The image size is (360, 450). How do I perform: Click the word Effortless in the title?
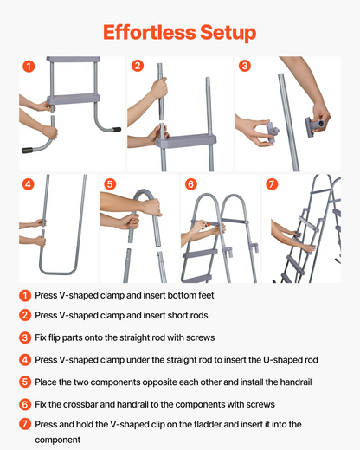(150, 32)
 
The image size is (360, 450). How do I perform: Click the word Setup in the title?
(228, 33)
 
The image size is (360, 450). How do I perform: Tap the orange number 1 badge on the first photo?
(29, 67)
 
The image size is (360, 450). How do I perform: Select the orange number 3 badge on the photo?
(245, 66)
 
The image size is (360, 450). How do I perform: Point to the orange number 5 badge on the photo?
(110, 183)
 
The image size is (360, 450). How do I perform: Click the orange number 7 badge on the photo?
(272, 183)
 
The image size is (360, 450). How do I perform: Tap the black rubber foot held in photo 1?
(28, 150)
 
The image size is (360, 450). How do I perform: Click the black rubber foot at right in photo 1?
(117, 130)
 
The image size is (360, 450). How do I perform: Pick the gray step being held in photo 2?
(186, 141)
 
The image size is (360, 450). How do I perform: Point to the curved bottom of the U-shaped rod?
(58, 271)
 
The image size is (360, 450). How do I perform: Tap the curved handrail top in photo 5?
(144, 196)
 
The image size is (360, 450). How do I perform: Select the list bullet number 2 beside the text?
(25, 315)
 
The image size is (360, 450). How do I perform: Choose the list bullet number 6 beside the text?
(25, 404)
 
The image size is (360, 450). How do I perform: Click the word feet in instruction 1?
(206, 295)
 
